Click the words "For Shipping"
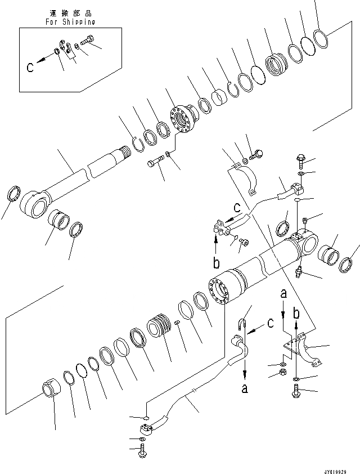[x=70, y=22]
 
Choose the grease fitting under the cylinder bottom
[x=300, y=272]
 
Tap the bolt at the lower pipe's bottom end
[x=142, y=450]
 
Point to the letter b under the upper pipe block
[x=216, y=263]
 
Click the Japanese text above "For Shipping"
[x=70, y=12]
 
